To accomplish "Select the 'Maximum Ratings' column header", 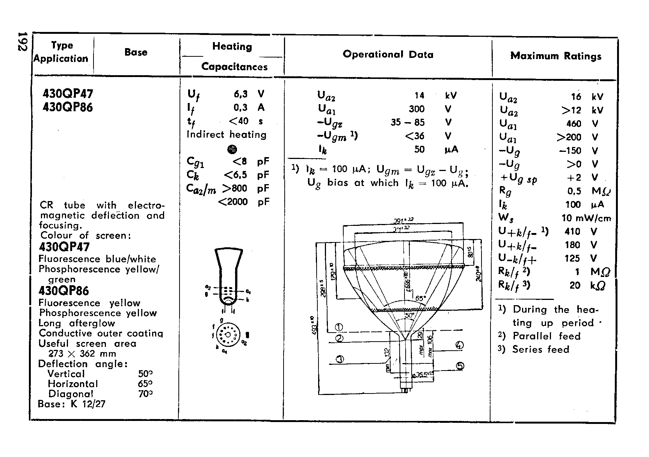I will click(555, 56).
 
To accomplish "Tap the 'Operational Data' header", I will click(388, 54).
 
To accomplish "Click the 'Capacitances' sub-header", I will click(234, 67).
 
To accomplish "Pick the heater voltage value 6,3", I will click(240, 94).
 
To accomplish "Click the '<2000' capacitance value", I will click(233, 202).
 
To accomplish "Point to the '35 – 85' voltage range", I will click(408, 123).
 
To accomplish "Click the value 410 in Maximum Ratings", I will click(572, 232).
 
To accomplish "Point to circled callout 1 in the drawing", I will click(339, 326).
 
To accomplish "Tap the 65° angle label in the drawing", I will click(421, 298).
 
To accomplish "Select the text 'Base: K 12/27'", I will click(72, 404).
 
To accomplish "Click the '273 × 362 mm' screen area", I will click(82, 354).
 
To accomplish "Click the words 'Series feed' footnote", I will click(540, 350).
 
